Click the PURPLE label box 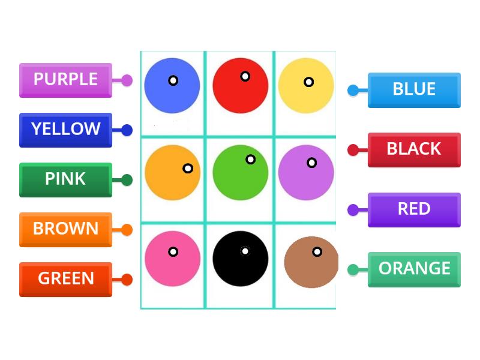[x=65, y=80]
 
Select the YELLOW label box [x=65, y=130]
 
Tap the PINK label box [x=65, y=179]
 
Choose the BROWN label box [x=65, y=229]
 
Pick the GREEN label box [x=65, y=279]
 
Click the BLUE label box [x=414, y=90]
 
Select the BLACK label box [x=414, y=149]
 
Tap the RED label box [x=414, y=209]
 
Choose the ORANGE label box [x=414, y=269]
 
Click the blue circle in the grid [x=172, y=86]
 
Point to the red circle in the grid [x=240, y=86]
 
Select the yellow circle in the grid [x=306, y=86]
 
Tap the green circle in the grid [x=240, y=172]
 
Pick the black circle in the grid [x=240, y=259]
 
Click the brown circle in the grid [x=310, y=262]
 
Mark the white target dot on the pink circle [x=173, y=252]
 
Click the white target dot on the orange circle [x=188, y=169]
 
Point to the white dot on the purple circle [x=311, y=163]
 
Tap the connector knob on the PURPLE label [x=127, y=80]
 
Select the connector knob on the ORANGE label [x=353, y=269]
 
